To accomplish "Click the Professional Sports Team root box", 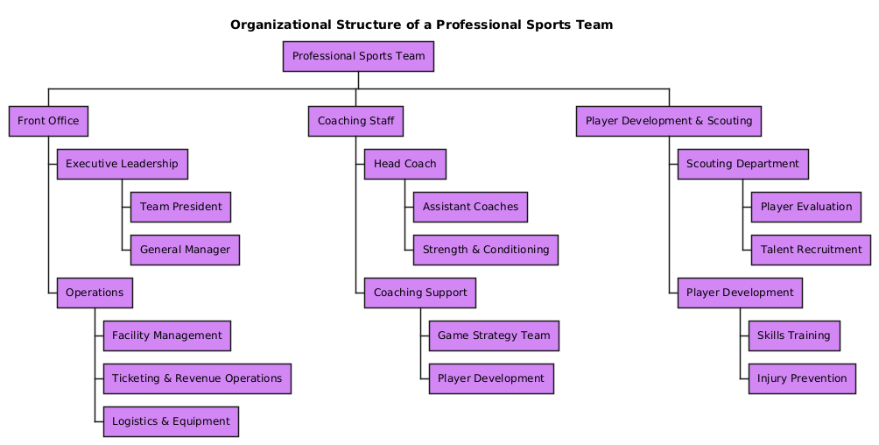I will pos(358,57).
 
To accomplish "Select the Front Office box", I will pos(48,121).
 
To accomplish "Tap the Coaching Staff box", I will pos(355,121).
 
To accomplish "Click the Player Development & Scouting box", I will pos(669,121).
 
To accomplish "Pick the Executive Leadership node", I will pos(122,164).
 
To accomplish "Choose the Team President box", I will pos(180,207).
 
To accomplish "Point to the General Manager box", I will pos(185,250).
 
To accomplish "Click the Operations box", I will pos(95,293).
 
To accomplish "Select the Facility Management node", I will pos(167,336).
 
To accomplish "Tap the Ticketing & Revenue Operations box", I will pos(197,378).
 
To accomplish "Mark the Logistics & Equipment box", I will pos(171,421).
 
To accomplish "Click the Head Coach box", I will pos(405,164).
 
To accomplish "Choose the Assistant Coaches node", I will pos(470,207).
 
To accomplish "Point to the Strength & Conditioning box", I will pos(486,250).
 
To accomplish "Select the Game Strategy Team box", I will pos(494,336).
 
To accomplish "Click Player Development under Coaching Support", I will pos(491,378).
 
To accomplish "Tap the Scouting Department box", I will pos(743,164).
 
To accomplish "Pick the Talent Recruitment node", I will pos(811,250).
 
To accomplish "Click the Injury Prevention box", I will pos(802,378).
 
